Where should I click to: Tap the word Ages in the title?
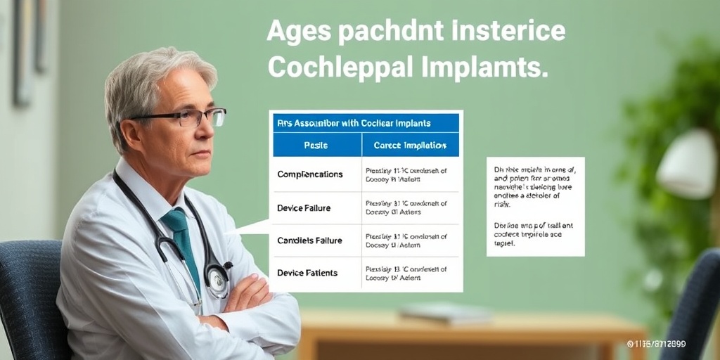click(300, 33)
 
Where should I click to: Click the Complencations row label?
click(310, 174)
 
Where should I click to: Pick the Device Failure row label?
click(304, 208)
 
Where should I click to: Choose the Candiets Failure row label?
click(309, 240)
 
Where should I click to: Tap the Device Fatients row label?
click(307, 273)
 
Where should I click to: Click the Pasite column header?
click(316, 145)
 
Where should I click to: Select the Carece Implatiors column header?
click(410, 146)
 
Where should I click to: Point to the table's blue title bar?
click(365, 123)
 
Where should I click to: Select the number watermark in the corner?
click(656, 344)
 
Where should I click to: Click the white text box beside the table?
click(535, 206)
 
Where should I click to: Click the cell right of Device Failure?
click(411, 208)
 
